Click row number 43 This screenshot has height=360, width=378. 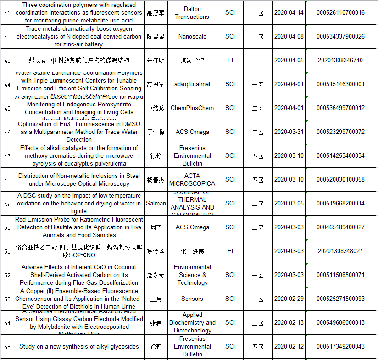7,61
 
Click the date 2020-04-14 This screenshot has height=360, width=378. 289,12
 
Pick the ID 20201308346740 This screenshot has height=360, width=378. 340,61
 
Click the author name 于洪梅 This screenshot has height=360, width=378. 156,132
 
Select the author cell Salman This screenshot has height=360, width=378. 156,204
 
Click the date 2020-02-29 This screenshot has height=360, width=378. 289,299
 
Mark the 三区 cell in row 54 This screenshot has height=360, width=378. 258,323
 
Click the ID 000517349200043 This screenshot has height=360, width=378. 340,347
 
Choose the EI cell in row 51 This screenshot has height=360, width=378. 230,251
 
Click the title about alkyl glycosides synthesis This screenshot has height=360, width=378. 79,347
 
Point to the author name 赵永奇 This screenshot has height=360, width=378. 156,275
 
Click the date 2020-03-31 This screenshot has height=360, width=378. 289,132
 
